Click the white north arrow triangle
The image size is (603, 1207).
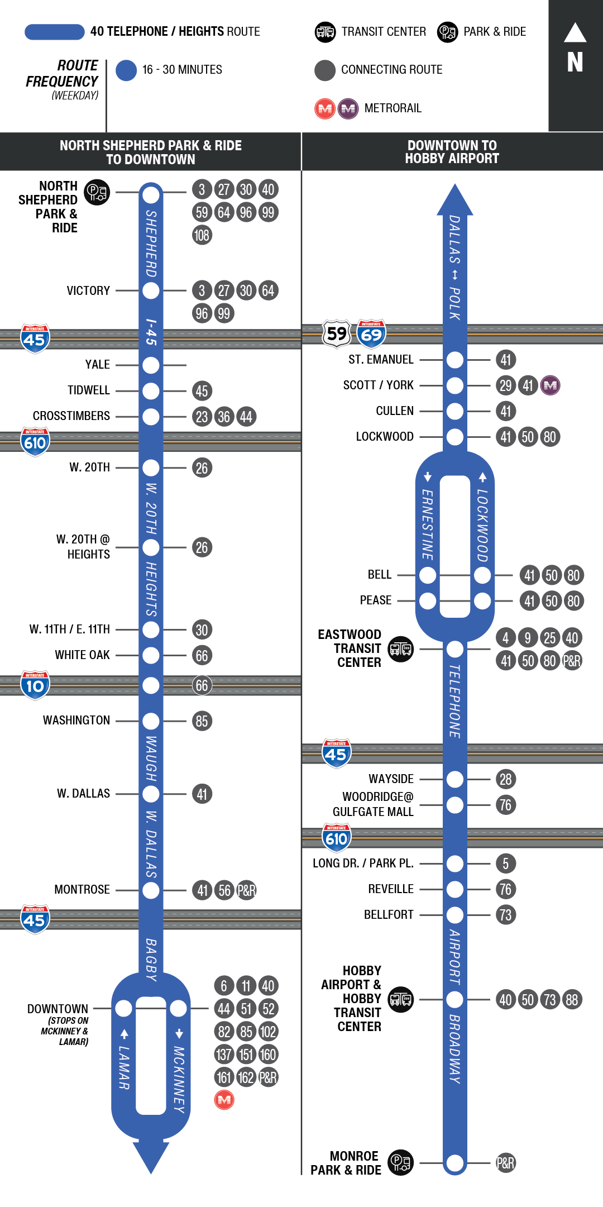pos(575,33)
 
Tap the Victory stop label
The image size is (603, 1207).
pos(88,290)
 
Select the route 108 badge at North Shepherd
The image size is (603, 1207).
pos(202,235)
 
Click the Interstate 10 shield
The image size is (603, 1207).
pos(35,685)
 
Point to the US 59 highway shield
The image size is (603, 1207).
pos(337,334)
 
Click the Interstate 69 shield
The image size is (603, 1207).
pos(371,334)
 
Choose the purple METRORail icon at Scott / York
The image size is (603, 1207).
pos(550,385)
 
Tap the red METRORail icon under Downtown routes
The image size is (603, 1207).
pos(224,1100)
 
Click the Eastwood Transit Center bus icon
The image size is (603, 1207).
pos(401,649)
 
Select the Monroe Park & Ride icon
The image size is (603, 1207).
pos(400,1163)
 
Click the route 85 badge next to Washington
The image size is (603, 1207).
pos(202,721)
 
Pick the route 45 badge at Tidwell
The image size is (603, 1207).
pos(202,391)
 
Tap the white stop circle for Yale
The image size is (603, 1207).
pos(151,365)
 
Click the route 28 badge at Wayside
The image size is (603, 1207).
pos(505,779)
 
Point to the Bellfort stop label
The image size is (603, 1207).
pos(389,914)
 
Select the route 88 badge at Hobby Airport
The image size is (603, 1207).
pos(572,1000)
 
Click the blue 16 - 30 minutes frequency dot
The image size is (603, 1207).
pos(126,70)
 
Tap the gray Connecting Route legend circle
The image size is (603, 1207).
pos(324,70)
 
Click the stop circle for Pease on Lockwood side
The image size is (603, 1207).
pos(482,601)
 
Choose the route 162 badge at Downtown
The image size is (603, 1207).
pos(246,1077)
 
